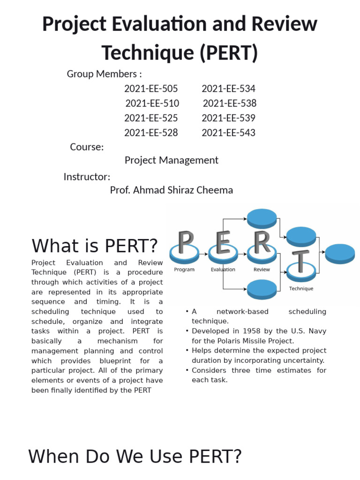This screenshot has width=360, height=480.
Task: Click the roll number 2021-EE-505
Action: tap(151, 89)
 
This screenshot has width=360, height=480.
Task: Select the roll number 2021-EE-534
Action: tap(228, 89)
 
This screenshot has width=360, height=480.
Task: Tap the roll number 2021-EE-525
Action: tap(151, 118)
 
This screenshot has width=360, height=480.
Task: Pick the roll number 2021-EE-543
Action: tap(228, 133)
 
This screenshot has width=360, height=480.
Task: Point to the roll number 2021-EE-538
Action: tap(230, 103)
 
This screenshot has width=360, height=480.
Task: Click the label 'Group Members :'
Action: tap(104, 74)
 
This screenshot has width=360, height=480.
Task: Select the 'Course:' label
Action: tap(87, 147)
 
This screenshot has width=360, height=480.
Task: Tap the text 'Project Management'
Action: tap(171, 160)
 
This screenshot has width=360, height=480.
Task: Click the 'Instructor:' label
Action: tap(87, 177)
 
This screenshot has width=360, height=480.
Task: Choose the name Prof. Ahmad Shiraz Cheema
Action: tap(171, 190)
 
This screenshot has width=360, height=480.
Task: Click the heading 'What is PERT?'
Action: tap(94, 246)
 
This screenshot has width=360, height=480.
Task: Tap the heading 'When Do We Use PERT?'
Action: tap(135, 456)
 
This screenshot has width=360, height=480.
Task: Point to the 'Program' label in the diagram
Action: tap(184, 270)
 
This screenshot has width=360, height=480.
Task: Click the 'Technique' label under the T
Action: tap(301, 289)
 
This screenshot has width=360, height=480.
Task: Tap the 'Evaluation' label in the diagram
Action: tap(223, 270)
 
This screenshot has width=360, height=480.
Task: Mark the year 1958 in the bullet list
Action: tap(242, 331)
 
